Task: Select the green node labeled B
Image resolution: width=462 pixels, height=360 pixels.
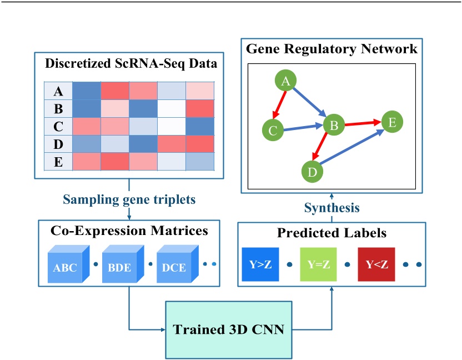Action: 334,126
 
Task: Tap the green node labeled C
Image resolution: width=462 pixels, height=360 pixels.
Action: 273,131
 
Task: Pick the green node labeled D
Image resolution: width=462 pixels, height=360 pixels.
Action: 313,172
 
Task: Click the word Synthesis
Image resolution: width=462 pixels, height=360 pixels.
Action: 332,208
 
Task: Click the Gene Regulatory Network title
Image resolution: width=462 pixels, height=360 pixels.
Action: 332,49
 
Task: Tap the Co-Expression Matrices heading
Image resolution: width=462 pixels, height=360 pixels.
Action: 129,230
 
